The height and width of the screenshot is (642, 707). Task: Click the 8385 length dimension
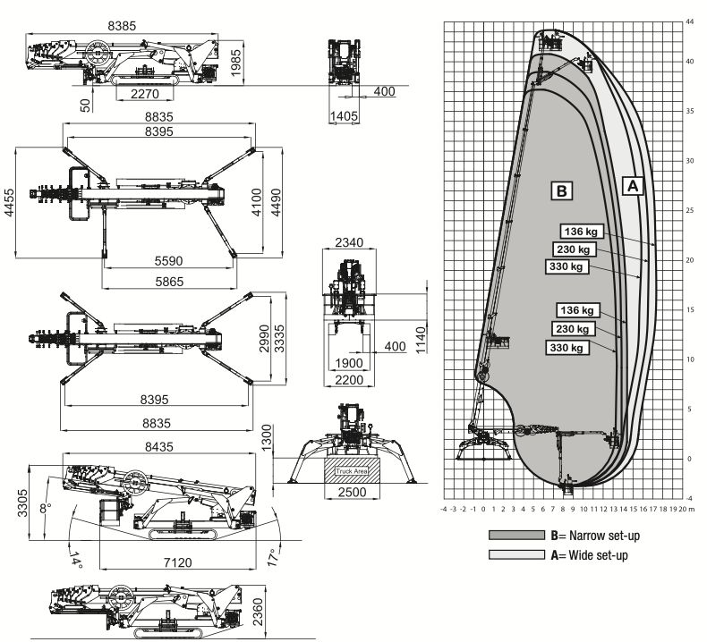click(122, 26)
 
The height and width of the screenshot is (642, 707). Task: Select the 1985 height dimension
click(235, 63)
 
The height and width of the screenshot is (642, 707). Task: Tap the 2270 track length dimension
click(145, 94)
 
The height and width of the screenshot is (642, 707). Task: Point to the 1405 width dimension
click(344, 115)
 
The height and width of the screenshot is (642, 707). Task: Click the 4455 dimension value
click(9, 203)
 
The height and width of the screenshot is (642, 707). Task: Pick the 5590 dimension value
click(168, 261)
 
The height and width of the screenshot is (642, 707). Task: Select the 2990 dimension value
click(264, 338)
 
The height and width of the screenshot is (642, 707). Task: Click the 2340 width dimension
click(349, 242)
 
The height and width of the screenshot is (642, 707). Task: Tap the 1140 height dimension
click(421, 341)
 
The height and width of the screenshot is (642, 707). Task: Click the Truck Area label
click(352, 471)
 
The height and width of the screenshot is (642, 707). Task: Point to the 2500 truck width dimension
click(352, 492)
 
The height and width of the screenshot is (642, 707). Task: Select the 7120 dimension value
click(178, 562)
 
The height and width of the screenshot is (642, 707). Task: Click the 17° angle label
click(274, 557)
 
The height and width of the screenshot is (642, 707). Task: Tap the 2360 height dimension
click(258, 612)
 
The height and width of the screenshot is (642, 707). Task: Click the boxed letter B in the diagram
click(561, 190)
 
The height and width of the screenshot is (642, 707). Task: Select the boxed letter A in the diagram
click(633, 186)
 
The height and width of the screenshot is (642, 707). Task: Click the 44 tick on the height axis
click(689, 21)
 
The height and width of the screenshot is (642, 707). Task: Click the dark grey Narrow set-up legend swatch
click(516, 535)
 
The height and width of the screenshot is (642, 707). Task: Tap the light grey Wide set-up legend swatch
click(516, 554)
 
